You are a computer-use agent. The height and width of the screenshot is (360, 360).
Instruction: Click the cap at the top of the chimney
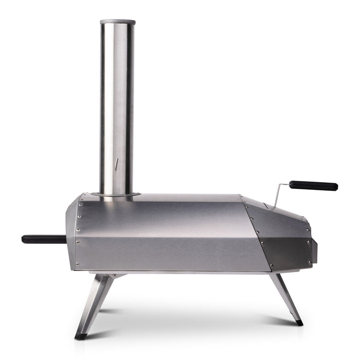(118, 22)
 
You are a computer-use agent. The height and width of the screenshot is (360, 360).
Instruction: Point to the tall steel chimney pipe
(118, 103)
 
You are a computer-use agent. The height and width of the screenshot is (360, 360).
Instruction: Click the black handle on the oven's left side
(44, 239)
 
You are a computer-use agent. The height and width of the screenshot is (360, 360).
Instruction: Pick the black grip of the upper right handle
(313, 185)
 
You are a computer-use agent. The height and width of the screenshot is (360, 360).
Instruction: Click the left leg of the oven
(95, 303)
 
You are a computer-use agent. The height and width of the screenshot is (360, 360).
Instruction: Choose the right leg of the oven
(285, 298)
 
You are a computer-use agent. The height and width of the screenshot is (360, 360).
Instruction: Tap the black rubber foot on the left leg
(81, 336)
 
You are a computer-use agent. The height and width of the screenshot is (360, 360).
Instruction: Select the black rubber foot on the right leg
(299, 323)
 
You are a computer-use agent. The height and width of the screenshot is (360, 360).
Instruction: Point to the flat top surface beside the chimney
(190, 197)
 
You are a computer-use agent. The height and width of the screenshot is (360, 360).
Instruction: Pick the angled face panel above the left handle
(73, 216)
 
